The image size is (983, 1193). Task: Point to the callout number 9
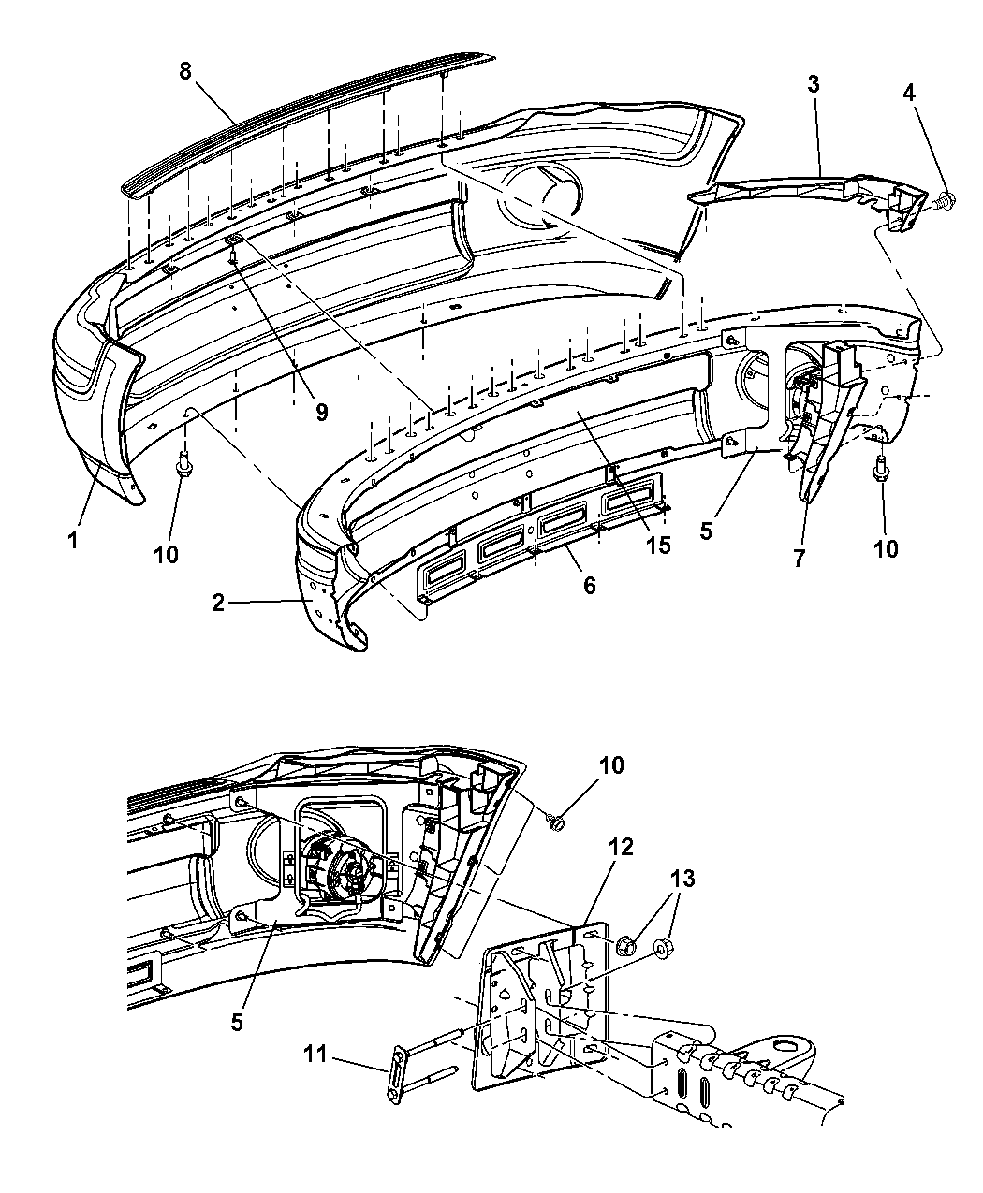click(x=321, y=413)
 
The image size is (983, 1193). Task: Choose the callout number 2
click(x=218, y=604)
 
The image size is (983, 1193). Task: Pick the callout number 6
click(x=589, y=585)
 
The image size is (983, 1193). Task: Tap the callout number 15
click(x=657, y=545)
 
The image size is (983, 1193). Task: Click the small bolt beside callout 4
click(x=946, y=199)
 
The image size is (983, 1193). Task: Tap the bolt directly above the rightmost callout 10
click(x=880, y=470)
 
